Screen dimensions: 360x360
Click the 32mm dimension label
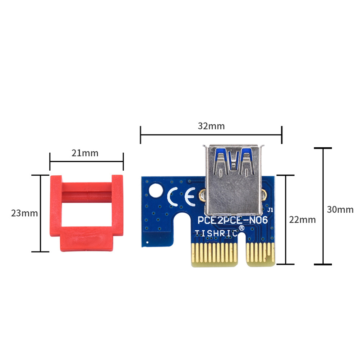click(x=211, y=126)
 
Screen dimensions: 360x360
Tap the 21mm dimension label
click(x=85, y=153)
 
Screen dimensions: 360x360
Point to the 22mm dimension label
click(x=303, y=220)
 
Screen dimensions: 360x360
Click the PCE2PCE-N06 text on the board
click(x=233, y=220)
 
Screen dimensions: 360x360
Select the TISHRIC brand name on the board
click(x=216, y=233)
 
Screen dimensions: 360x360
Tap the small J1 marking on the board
click(x=271, y=209)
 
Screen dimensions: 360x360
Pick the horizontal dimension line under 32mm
click(x=211, y=135)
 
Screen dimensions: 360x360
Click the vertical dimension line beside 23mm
click(x=40, y=213)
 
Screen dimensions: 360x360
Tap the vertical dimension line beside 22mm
click(x=286, y=220)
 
